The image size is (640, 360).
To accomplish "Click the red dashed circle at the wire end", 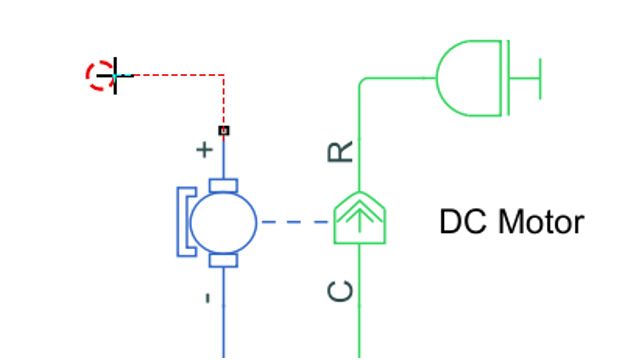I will pyautogui.click(x=100, y=75).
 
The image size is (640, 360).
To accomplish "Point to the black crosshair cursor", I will pyautogui.click(x=116, y=75).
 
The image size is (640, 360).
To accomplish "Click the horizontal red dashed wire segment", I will pyautogui.click(x=175, y=75).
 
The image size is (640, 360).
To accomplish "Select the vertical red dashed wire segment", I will pyautogui.click(x=223, y=100).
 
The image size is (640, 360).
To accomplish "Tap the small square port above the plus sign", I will pyautogui.click(x=223, y=130).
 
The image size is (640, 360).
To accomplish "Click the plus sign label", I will pyautogui.click(x=205, y=151).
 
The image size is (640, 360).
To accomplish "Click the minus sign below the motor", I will pyautogui.click(x=206, y=297).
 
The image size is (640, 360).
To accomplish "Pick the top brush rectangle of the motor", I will pyautogui.click(x=223, y=186).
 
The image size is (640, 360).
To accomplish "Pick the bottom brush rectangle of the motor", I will pyautogui.click(x=223, y=260).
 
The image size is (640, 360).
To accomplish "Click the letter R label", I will pyautogui.click(x=341, y=151).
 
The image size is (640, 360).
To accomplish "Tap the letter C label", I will pyautogui.click(x=341, y=291).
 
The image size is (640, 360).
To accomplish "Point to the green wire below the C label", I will pyautogui.click(x=359, y=330).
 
